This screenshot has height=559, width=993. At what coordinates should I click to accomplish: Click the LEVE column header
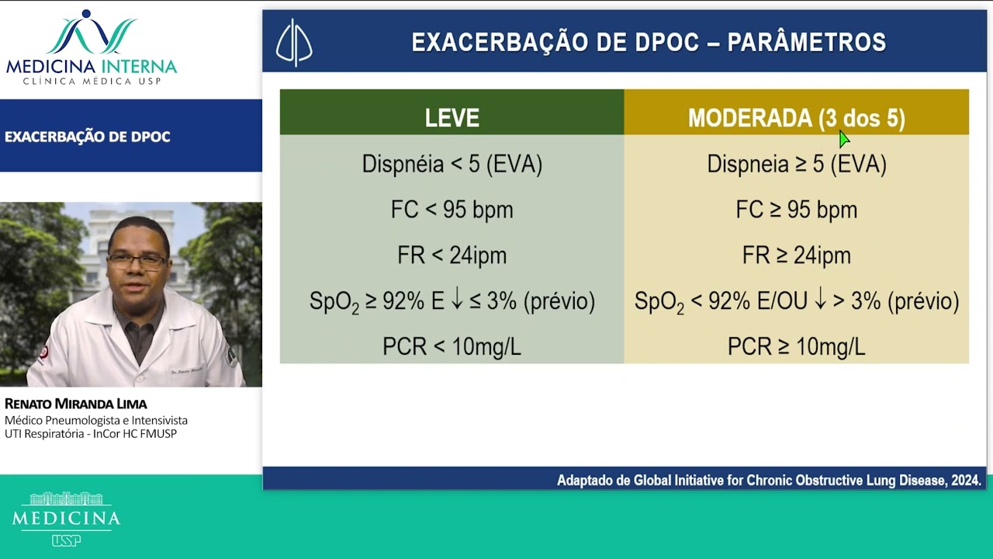[x=452, y=118]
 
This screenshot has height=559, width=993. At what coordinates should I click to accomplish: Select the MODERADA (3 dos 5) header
[x=796, y=118]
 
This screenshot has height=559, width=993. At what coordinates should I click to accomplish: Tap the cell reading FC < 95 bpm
[x=452, y=210]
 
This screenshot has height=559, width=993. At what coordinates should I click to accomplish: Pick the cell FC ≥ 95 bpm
[x=796, y=210]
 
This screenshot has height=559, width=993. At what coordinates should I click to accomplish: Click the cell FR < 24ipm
[x=452, y=255]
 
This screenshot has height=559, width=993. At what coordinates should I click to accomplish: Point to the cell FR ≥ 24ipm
[x=796, y=255]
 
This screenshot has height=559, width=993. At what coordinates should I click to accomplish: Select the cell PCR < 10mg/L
[x=452, y=346]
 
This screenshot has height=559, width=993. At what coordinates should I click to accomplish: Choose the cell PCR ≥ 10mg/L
[x=796, y=346]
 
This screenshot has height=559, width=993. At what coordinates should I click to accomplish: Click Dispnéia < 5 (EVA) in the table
[x=452, y=164]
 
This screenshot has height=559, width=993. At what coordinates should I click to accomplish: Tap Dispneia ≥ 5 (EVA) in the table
[x=796, y=164]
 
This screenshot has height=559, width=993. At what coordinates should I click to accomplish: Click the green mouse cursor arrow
[x=844, y=139]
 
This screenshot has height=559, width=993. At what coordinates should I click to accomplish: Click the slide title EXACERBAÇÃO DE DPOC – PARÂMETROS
[x=649, y=42]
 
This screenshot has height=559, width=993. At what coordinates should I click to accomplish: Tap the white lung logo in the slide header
[x=294, y=42]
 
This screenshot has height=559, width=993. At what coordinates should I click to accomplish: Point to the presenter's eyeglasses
[x=137, y=260]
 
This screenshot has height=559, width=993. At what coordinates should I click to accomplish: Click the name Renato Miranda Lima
[x=76, y=404]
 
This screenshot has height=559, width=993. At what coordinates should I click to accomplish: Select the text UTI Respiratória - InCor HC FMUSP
[x=91, y=434]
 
